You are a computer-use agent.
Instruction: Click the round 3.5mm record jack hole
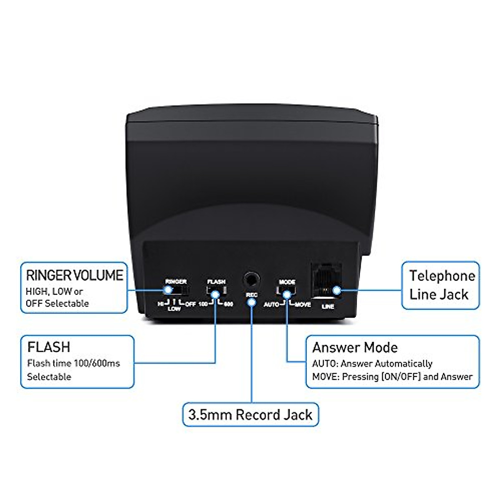251,279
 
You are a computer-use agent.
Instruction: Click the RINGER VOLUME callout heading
75,276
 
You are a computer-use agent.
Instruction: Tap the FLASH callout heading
49,347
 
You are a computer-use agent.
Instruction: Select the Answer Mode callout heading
355,347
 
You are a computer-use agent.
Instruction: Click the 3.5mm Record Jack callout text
250,415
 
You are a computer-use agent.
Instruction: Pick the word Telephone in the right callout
442,276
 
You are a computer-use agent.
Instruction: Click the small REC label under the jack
251,295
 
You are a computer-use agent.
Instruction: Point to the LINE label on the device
328,306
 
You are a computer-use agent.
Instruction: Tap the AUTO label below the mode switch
271,305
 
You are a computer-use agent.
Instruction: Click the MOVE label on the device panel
303,305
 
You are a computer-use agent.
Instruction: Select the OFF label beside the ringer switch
190,304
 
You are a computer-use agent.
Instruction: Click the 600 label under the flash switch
228,304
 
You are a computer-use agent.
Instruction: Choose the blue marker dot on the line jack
336,291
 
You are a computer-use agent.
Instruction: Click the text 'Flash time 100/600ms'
73,363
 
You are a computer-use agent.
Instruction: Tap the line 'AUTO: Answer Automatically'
372,364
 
